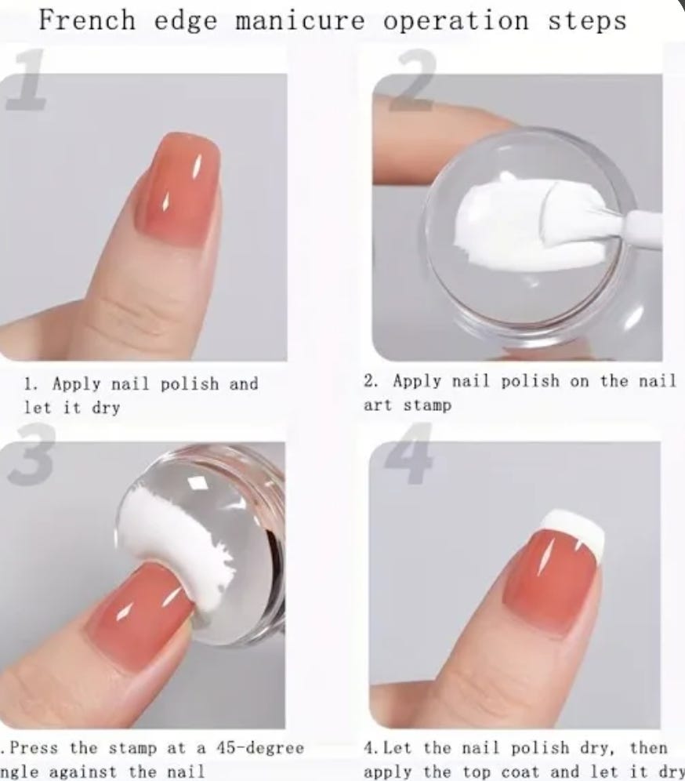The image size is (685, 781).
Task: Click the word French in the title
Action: click(x=87, y=20)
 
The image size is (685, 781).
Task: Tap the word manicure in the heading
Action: click(x=300, y=21)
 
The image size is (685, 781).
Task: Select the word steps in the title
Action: click(x=587, y=22)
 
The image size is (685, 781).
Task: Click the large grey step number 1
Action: click(x=27, y=80)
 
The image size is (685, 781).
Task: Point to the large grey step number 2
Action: click(x=411, y=80)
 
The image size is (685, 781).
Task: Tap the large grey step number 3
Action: click(x=31, y=453)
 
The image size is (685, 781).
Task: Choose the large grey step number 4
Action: click(x=409, y=453)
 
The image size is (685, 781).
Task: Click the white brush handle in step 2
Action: click(x=646, y=228)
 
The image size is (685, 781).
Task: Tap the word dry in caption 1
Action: click(x=106, y=409)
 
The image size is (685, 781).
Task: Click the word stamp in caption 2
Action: click(x=426, y=406)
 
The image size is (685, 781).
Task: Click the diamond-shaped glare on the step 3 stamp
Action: click(x=198, y=482)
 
